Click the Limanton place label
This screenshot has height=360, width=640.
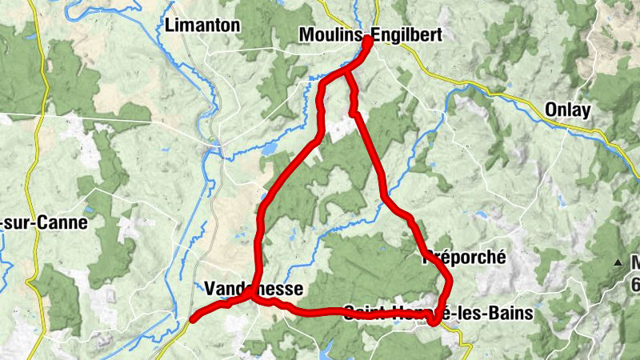(x=202, y=26)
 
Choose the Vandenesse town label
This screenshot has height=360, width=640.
(x=254, y=288)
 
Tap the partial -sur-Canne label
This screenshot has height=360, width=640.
(x=43, y=223)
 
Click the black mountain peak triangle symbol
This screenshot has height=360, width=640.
(x=618, y=262)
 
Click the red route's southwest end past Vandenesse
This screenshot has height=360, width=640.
(x=193, y=319)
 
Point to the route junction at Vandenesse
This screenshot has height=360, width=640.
(x=253, y=297)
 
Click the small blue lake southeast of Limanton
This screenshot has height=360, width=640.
(x=270, y=149)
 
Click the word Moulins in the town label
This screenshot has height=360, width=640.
(x=328, y=35)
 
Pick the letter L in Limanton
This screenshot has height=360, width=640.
(x=170, y=26)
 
